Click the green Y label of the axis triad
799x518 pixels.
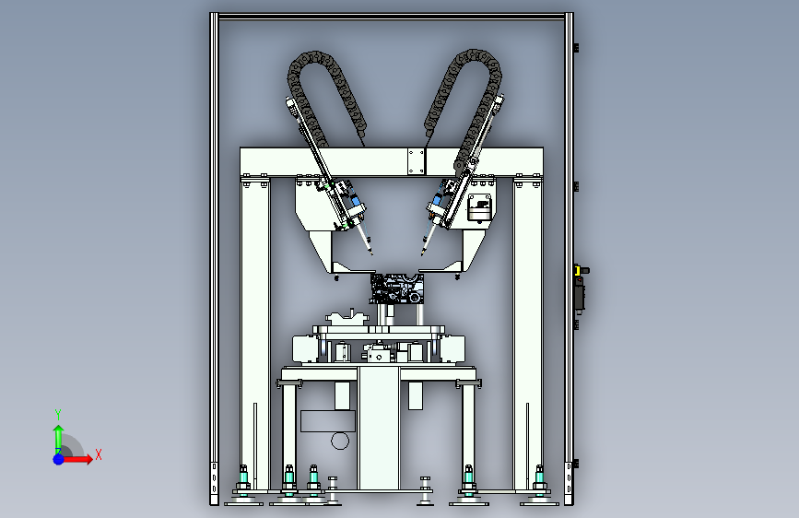coord(58,415)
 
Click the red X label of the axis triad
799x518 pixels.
coord(99,454)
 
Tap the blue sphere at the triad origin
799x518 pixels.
coord(59,459)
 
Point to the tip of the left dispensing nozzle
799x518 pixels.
coord(372,253)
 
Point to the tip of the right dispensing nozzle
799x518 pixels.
coord(422,253)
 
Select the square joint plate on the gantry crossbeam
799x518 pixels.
coord(417,161)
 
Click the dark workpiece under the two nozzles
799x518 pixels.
coord(396,288)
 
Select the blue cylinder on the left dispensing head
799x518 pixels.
coord(357,200)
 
